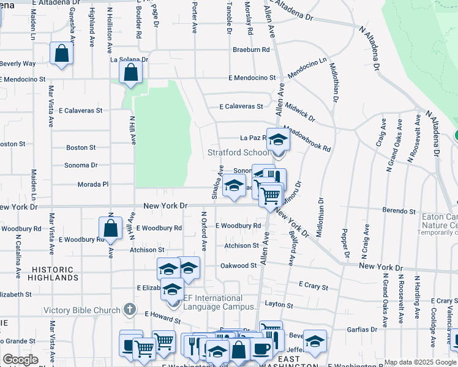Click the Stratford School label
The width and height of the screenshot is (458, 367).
pyautogui.click(x=238, y=152)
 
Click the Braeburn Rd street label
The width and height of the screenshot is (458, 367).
pyautogui.click(x=251, y=50)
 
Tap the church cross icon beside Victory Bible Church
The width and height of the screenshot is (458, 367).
pyautogui.click(x=130, y=310)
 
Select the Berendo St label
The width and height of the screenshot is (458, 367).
pyautogui.click(x=399, y=211)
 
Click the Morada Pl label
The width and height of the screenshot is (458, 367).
pyautogui.click(x=93, y=184)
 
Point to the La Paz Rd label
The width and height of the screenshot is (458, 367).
pyautogui.click(x=250, y=138)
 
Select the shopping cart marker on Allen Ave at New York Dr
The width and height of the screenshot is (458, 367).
pyautogui.click(x=270, y=196)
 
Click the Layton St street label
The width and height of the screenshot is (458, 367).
pyautogui.click(x=279, y=304)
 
